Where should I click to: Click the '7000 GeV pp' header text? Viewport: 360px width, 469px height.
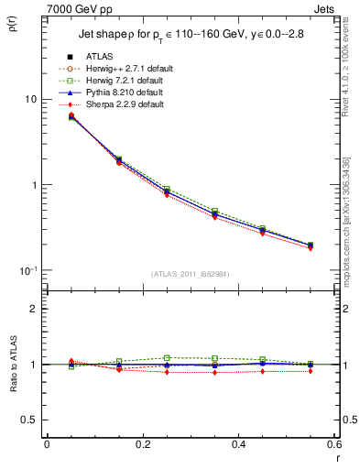[x=77, y=8]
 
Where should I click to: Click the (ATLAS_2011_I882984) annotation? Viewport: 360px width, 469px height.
[x=190, y=276]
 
